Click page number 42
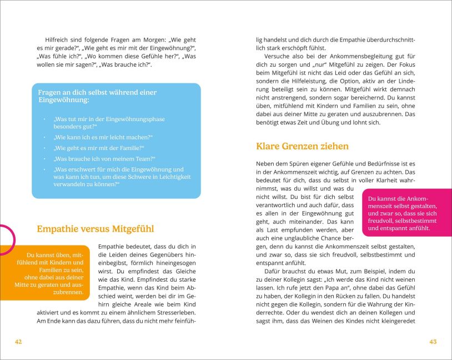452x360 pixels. [x=18, y=342]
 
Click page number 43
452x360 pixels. [x=433, y=342]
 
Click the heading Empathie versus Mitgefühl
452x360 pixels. [x=95, y=229]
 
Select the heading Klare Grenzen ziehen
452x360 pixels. [x=302, y=147]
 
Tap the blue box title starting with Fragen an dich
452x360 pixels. [x=97, y=96]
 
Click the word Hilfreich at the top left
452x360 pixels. [x=58, y=40]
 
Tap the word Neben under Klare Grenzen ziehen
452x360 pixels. [x=265, y=164]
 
